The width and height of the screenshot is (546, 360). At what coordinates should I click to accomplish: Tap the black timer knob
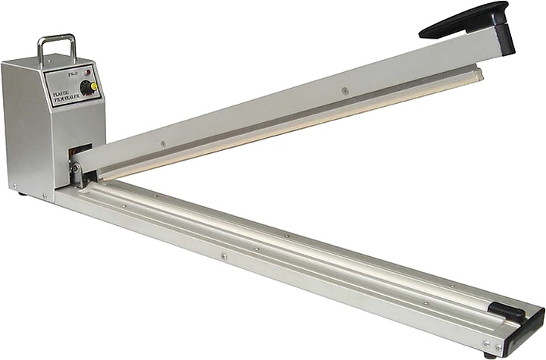click(87, 87)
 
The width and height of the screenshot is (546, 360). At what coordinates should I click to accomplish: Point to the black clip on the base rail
click(506, 310)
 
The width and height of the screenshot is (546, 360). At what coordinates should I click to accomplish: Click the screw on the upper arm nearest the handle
click(345, 91)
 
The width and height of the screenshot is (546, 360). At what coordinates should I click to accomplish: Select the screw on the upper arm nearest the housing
click(162, 142)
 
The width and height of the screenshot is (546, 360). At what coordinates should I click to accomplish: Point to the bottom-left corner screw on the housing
click(14, 184)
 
